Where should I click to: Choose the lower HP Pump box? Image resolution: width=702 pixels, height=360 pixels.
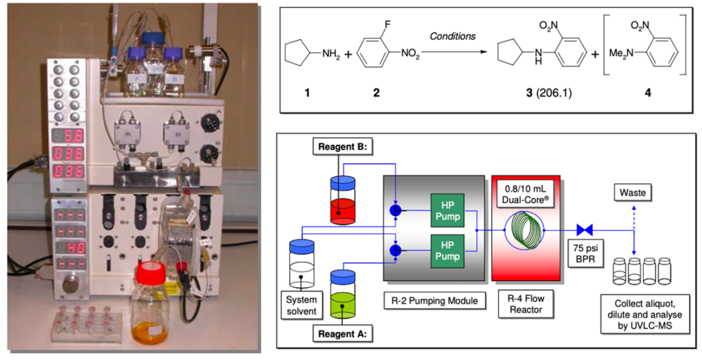coord(448,250)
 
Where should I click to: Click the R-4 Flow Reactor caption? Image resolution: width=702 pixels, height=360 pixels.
coord(526,304)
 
